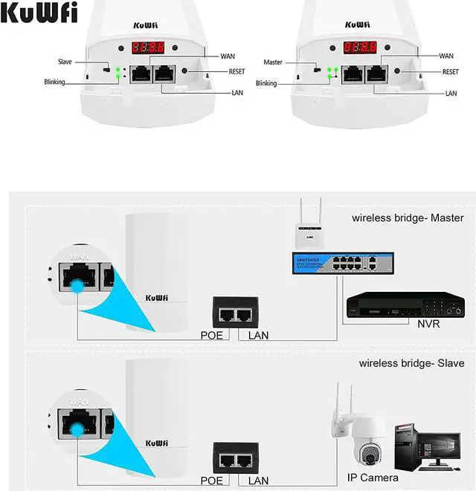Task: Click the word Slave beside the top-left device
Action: coord(65,62)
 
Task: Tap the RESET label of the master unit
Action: coord(451,72)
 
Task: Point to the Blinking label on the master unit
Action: coord(266,84)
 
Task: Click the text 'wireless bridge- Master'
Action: coord(408,218)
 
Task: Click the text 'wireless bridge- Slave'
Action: coord(411,364)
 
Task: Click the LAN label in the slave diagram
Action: coord(258,481)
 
